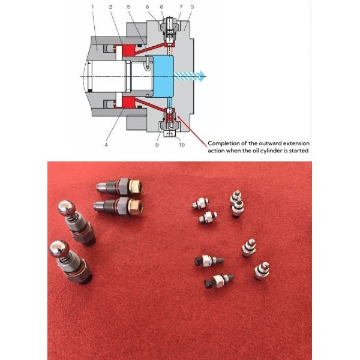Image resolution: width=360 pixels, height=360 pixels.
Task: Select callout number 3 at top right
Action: [191, 7]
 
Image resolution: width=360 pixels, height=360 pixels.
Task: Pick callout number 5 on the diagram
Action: [129, 7]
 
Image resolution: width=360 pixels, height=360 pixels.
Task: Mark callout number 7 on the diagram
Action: [180, 7]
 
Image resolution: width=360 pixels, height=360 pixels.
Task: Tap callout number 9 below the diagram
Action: [158, 144]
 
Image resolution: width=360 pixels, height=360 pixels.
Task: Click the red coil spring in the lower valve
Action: [170, 118]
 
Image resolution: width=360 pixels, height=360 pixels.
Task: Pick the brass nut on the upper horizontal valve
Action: [136, 187]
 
